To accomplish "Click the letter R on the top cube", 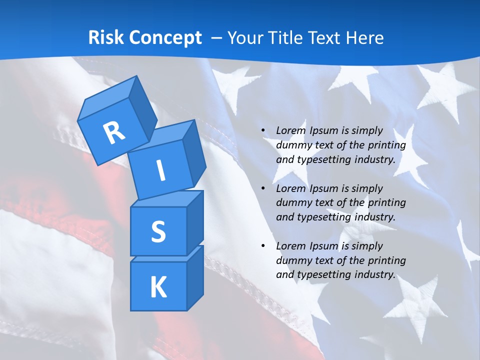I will [114, 133].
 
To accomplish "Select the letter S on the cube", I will [158, 232].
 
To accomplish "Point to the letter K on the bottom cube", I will [158, 288].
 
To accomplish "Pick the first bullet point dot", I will [263, 130].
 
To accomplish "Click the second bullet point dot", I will [263, 188].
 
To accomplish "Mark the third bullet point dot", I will [263, 246].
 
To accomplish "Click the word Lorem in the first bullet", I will [290, 130].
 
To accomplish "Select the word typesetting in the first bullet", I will [324, 160].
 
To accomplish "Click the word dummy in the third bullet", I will [292, 260].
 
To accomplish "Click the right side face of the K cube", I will [195, 278].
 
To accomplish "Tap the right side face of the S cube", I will [195, 222].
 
